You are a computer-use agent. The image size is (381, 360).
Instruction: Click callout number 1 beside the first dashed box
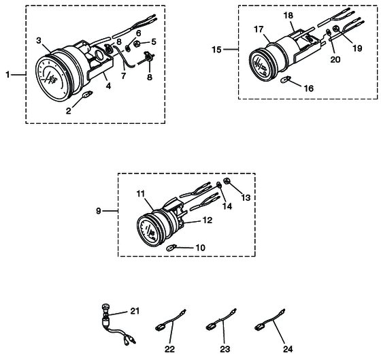coord(8,75)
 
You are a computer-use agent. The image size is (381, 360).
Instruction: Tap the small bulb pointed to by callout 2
coord(88,94)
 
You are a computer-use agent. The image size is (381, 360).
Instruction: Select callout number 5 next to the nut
coord(154,42)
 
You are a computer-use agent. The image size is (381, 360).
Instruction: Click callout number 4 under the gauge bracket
coord(108,86)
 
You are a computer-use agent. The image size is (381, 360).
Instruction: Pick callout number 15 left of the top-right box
coord(217,50)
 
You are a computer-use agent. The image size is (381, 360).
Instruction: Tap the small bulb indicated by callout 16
coord(286,80)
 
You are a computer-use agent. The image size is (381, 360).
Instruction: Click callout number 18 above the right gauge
coord(288,16)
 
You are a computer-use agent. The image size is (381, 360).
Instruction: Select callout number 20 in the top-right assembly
coord(335,59)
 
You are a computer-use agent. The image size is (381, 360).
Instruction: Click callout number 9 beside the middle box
coord(98,211)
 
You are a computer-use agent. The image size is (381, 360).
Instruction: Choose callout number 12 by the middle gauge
coord(208,220)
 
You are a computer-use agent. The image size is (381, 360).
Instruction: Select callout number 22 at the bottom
coord(169,349)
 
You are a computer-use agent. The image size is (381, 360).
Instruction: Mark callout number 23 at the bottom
coord(225,349)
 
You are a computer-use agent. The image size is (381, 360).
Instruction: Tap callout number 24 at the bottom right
coord(288,349)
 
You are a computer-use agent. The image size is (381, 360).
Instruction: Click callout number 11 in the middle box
coord(140,194)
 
